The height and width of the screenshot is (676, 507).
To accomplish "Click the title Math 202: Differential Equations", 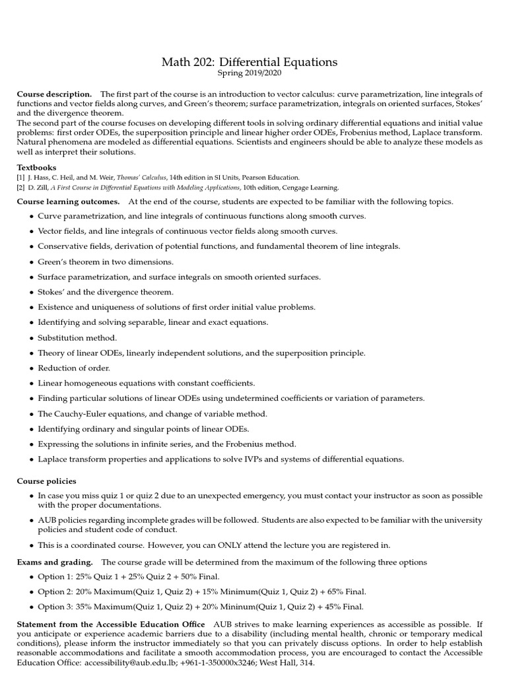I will [250, 62].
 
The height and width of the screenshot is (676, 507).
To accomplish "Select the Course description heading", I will [54, 94].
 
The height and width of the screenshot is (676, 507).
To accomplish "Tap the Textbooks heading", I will [36, 168].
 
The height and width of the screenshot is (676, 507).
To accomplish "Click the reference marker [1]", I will [21, 178].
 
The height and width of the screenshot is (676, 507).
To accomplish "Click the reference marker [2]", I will [21, 187].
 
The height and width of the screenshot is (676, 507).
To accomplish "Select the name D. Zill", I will [37, 187].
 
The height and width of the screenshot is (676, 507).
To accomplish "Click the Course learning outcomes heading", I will [68, 201].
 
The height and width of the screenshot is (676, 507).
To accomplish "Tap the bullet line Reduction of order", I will [74, 368].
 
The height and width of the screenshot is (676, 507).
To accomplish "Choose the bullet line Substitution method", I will [77, 337].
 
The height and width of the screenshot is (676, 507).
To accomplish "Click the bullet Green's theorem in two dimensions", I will [106, 261].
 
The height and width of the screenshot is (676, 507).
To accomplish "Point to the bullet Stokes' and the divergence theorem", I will [106, 292].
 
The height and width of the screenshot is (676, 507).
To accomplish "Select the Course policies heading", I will [46, 481].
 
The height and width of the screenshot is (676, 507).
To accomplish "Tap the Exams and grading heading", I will [54, 562].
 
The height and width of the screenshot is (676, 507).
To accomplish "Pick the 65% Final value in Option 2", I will [346, 592].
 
